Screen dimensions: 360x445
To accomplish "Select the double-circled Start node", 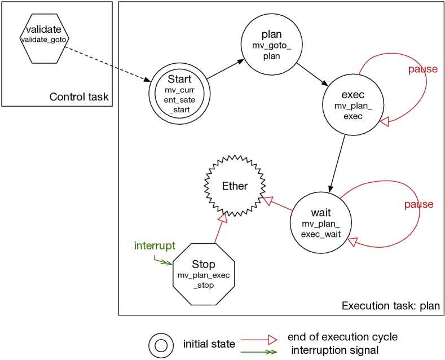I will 179,94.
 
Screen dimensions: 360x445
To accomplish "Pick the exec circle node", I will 353,105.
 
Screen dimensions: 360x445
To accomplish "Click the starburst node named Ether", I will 235,186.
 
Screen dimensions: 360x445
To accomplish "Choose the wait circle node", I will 321,222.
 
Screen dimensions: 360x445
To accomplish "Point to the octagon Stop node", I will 203,274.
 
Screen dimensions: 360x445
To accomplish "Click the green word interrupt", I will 155,246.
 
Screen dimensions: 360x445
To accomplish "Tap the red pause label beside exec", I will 422,69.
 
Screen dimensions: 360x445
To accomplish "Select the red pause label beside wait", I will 418,204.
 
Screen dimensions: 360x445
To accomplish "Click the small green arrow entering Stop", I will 164,262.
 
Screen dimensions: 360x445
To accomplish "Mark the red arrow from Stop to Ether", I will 219,229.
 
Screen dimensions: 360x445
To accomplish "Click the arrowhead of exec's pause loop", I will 384,121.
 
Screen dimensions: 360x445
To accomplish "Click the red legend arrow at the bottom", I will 259,340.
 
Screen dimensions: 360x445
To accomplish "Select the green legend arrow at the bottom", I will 259,352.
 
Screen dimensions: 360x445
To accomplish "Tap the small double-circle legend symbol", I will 161,345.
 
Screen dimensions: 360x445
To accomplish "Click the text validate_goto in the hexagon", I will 43,40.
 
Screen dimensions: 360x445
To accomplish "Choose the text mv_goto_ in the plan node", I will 271,46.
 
